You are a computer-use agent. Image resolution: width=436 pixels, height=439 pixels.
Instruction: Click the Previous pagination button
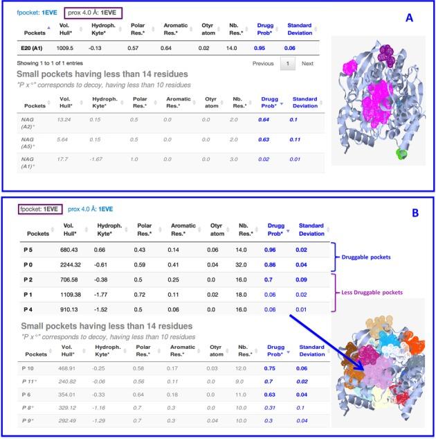pos(263,63)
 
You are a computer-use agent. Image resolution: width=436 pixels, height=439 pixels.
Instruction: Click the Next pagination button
pos(307,63)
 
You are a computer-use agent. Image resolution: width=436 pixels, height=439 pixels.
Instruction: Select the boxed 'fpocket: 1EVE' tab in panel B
pos(39,208)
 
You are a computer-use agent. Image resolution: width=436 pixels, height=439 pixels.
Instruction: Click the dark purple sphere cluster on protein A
pos(384,49)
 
